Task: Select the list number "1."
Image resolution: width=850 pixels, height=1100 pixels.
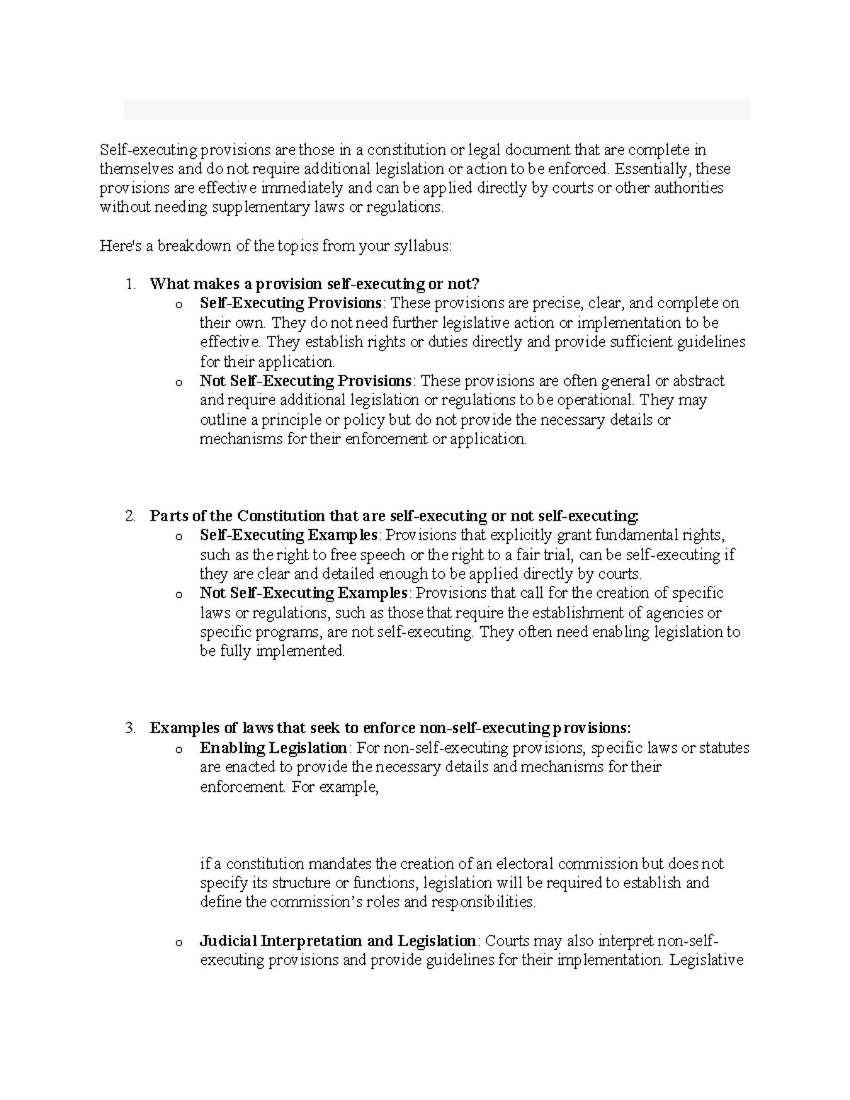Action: (130, 285)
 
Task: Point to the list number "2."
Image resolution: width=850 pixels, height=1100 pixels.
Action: (130, 516)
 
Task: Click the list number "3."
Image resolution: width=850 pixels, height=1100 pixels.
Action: (130, 728)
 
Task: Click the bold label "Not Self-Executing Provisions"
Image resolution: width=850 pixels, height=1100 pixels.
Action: (305, 381)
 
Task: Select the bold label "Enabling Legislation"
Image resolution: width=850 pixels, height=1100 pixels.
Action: (273, 748)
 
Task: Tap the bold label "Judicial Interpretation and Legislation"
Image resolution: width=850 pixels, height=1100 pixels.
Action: (338, 941)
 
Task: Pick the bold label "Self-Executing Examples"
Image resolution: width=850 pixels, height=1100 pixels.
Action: (289, 535)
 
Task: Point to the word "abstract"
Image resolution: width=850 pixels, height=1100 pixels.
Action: (698, 381)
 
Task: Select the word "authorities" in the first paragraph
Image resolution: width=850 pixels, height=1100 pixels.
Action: (686, 188)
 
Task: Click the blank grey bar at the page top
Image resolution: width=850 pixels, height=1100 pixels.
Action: (436, 110)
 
